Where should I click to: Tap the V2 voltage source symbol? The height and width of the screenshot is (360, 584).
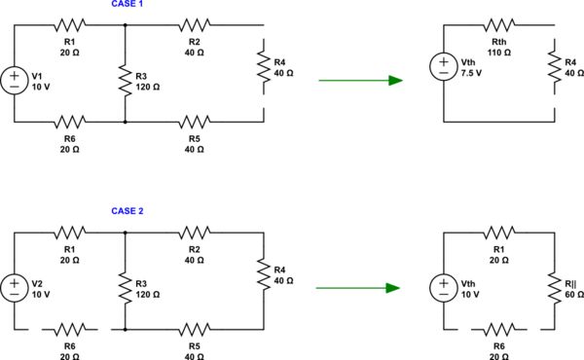(x=15, y=288)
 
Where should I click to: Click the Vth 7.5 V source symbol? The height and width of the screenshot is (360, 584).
(x=443, y=68)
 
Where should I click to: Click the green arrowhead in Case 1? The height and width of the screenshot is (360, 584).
(x=395, y=81)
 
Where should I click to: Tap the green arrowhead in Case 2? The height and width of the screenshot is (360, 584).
(x=393, y=288)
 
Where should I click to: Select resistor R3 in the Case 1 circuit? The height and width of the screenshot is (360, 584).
(x=126, y=81)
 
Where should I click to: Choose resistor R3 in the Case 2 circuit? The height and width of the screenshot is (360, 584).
(x=126, y=288)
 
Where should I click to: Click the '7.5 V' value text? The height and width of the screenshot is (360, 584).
(x=471, y=74)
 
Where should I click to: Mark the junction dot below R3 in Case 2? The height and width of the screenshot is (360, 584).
(x=126, y=331)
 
